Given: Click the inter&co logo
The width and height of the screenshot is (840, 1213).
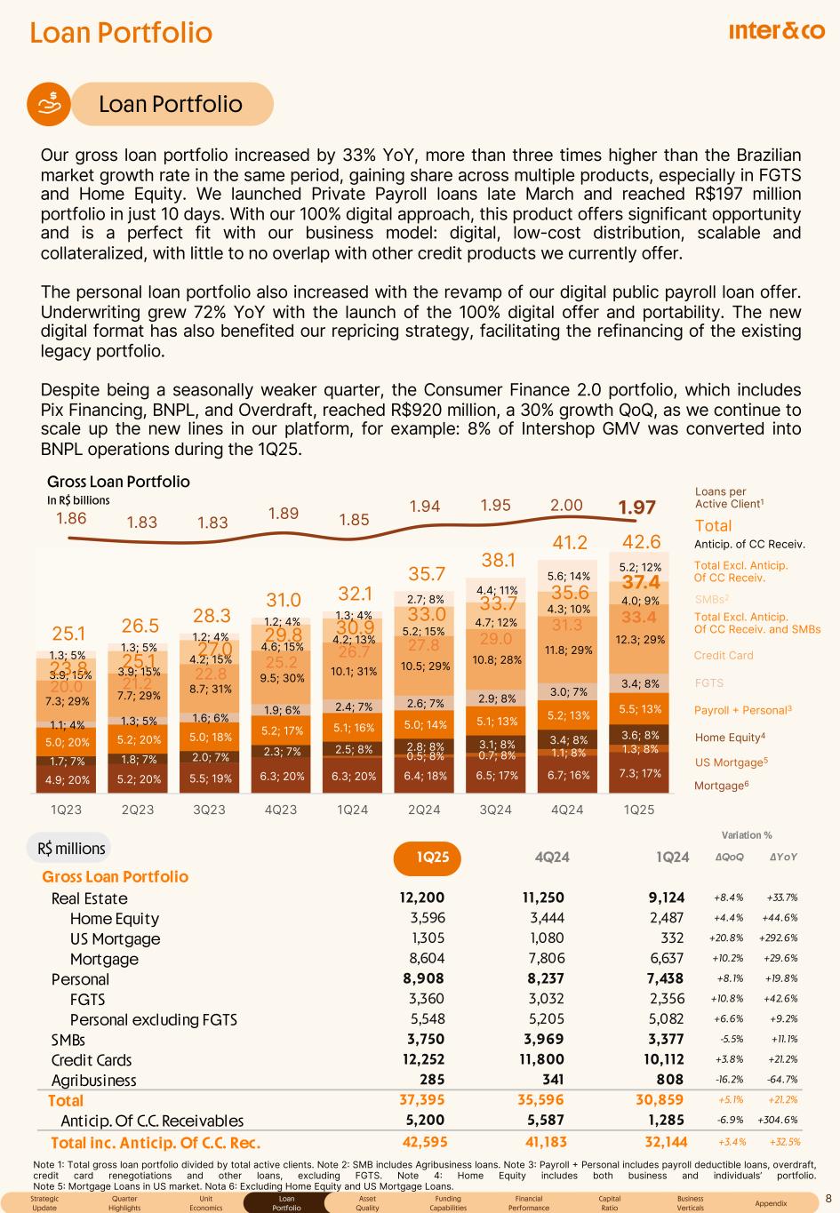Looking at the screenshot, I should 776,32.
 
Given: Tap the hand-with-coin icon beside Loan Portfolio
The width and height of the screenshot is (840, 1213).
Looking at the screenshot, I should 52,103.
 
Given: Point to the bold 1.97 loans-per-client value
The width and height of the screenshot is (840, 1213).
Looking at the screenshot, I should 636,507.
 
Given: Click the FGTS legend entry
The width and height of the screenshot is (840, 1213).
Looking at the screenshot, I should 708,683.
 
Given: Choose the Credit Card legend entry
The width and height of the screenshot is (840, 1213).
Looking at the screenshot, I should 723,656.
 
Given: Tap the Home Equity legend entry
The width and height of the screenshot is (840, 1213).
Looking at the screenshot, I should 729,738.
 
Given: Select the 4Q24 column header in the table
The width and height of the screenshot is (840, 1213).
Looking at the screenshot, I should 551,857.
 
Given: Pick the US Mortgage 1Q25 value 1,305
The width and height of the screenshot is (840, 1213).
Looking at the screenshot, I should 428,938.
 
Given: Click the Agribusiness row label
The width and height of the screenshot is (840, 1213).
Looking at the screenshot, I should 94,1081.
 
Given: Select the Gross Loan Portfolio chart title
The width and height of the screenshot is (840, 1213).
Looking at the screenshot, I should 118,482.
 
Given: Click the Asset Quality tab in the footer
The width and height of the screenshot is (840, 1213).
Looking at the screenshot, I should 367,1203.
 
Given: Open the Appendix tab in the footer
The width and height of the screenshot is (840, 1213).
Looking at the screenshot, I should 770,1203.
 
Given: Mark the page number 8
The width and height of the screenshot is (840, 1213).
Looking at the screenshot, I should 828,1199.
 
